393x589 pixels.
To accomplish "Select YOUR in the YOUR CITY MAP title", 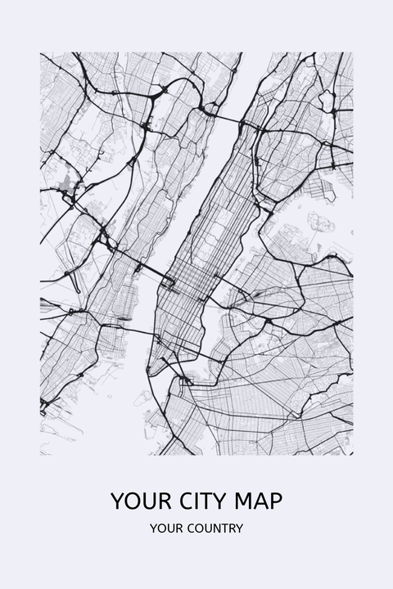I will [x=134, y=501].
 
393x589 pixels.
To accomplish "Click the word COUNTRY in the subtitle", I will [x=215, y=528].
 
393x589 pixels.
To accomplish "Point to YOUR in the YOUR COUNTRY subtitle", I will [x=165, y=528].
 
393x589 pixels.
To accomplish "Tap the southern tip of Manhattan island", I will [x=153, y=372].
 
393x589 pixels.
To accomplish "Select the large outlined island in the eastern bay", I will [x=320, y=223].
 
